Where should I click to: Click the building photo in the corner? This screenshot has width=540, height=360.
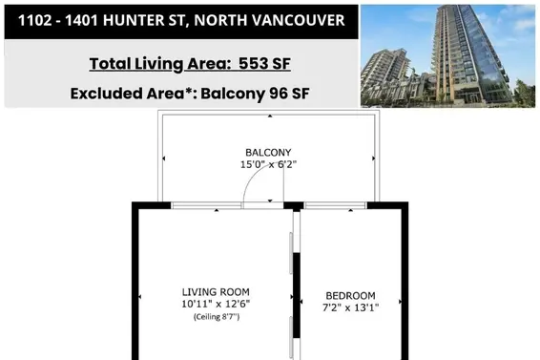click(448, 55)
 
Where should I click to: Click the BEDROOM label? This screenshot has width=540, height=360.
click(350, 295)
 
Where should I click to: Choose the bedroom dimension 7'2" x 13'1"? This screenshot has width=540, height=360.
click(350, 307)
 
